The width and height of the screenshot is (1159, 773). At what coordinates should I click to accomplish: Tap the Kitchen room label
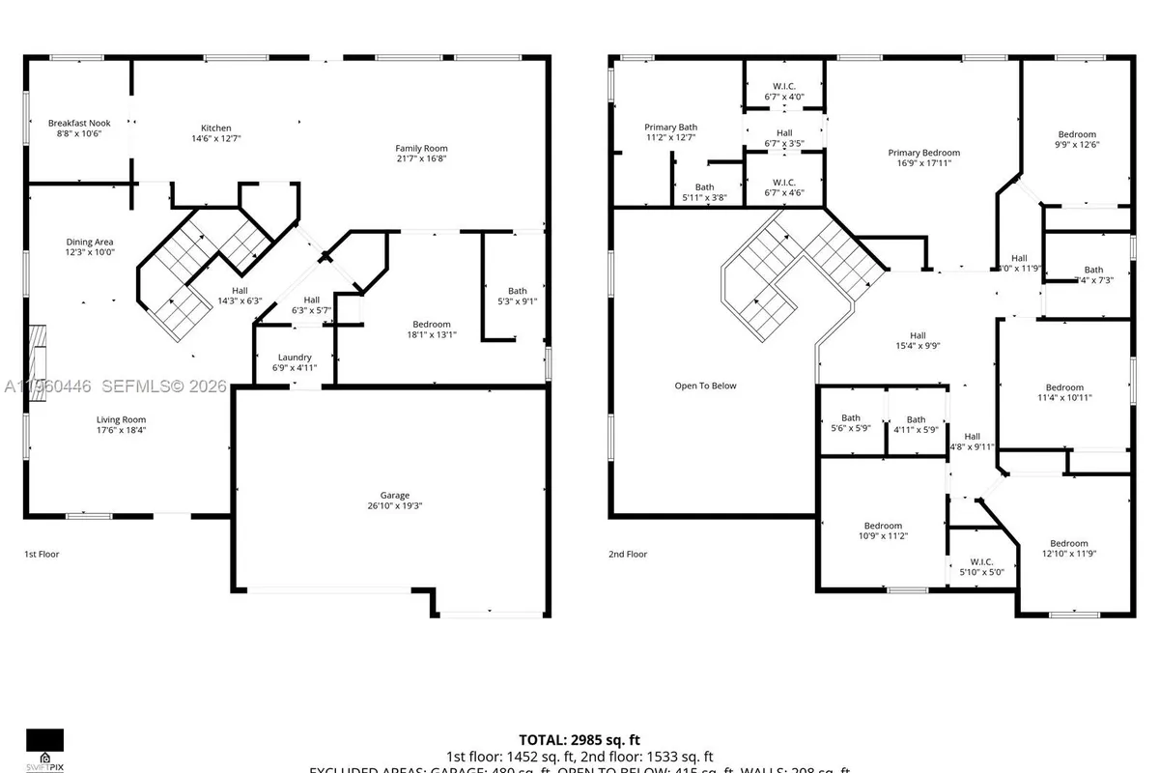(215, 129)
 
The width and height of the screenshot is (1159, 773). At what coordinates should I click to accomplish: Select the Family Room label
(421, 148)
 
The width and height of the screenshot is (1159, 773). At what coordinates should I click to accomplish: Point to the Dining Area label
(90, 243)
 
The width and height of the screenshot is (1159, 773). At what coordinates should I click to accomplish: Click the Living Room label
(121, 419)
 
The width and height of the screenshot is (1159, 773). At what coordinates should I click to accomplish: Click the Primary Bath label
(670, 128)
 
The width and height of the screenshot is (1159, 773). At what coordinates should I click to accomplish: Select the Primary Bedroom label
(924, 153)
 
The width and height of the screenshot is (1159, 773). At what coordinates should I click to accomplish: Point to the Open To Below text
(705, 386)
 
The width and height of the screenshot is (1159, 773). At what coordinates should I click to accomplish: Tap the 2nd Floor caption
(628, 555)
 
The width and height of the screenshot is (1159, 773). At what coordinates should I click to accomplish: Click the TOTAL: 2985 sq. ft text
(579, 739)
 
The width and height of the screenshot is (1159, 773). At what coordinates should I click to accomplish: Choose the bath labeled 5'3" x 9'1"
(518, 296)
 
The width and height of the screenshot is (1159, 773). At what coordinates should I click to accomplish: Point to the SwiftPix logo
(44, 749)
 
